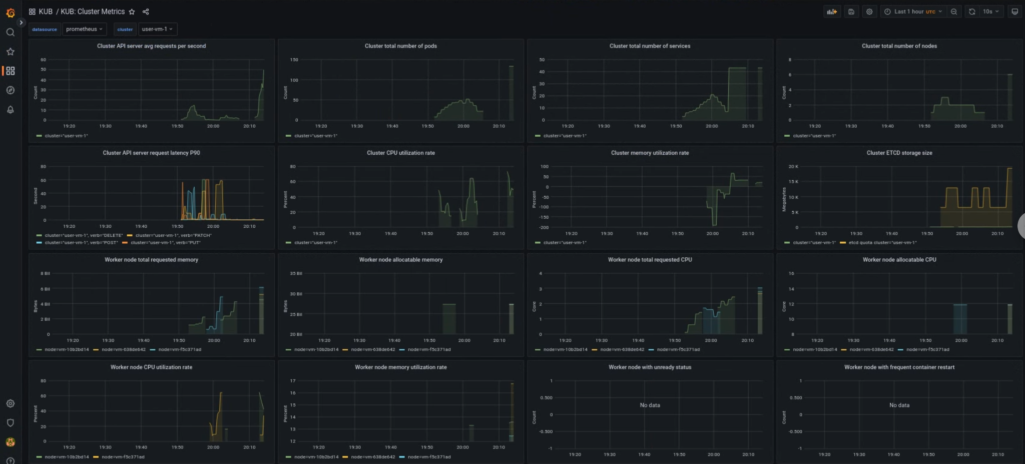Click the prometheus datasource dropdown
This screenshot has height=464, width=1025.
point(84,29)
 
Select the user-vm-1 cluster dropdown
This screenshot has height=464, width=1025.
point(157,29)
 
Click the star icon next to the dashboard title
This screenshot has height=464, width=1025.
point(132,12)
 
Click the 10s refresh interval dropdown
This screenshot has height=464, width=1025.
point(990,12)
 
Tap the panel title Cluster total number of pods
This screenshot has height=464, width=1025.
point(400,46)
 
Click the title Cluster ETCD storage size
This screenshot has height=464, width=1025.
point(899,153)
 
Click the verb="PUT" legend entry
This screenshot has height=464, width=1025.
point(165,243)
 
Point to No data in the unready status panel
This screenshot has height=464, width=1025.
point(650,405)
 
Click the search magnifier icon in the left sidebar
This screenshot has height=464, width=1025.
point(10,33)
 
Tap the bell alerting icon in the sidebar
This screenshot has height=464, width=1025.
point(10,110)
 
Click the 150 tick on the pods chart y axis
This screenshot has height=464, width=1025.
point(294,60)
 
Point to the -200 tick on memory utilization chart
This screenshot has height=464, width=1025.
point(544,227)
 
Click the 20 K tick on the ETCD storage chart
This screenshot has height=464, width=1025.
point(793,166)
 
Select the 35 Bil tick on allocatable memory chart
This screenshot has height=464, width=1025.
point(296,273)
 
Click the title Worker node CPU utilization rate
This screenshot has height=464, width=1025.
point(151,367)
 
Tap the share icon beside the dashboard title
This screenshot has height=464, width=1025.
point(146,12)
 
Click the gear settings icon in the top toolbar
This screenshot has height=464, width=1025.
point(869,12)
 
